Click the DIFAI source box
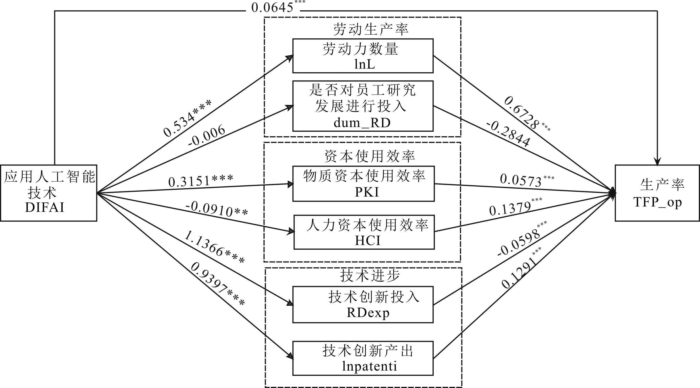point(48,193)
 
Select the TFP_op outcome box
point(657,193)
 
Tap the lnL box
point(363,56)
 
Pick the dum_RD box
point(363,106)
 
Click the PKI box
point(363,184)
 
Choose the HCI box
point(364,232)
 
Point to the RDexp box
point(363,304)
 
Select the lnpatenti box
point(363,358)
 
